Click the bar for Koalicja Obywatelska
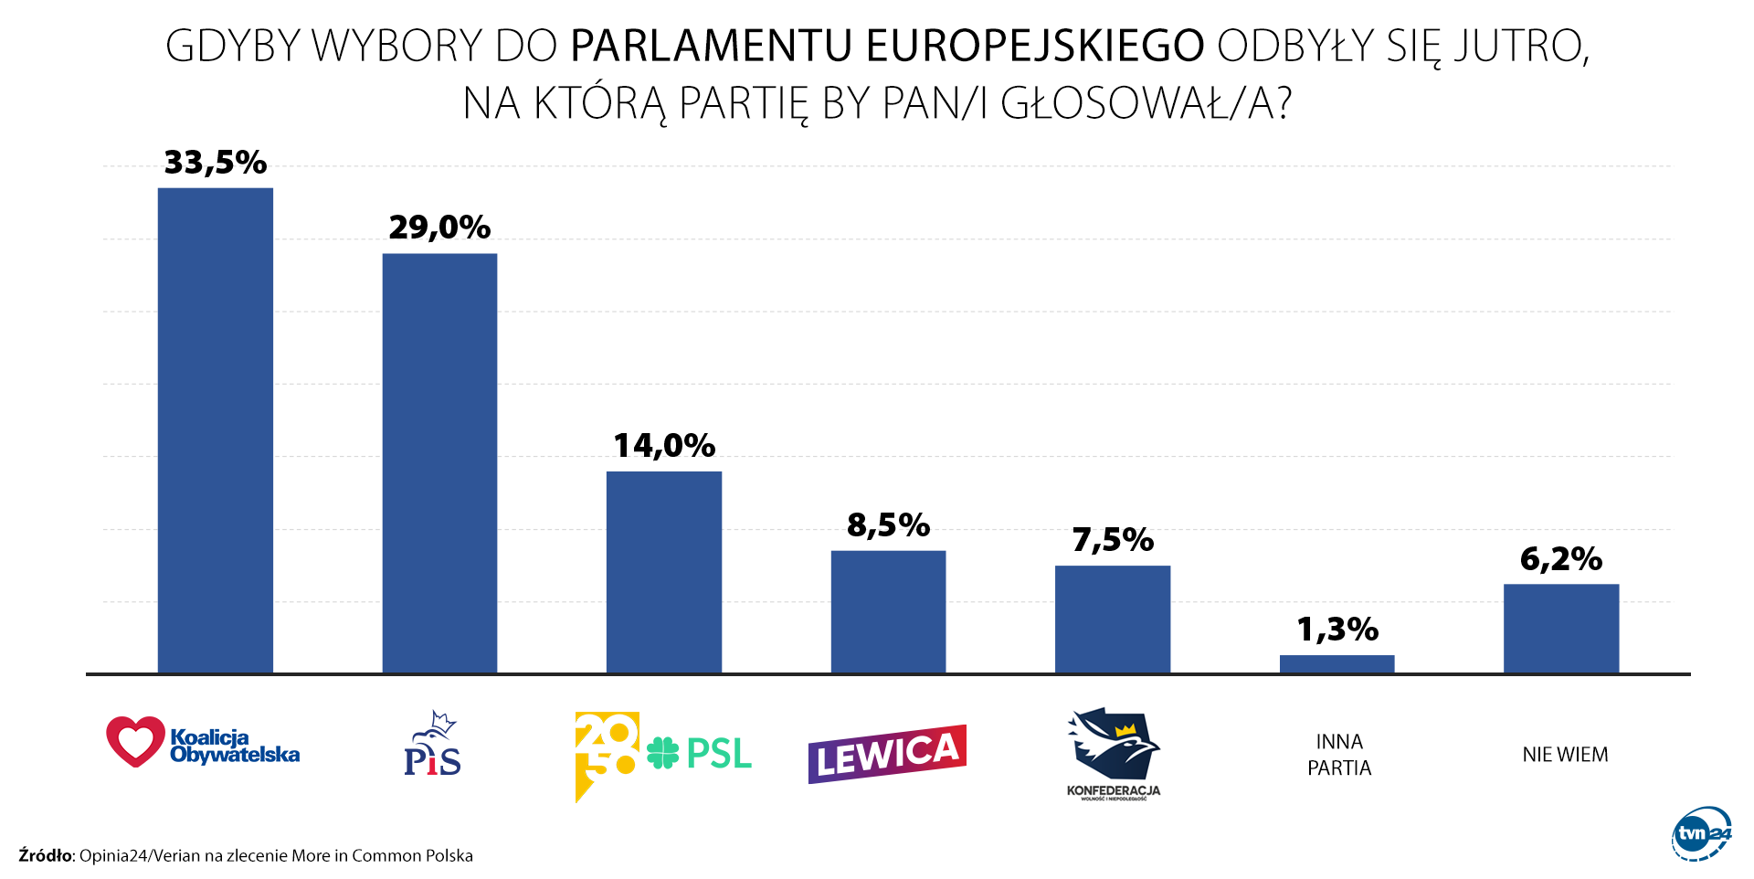(x=216, y=430)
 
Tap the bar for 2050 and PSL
(x=664, y=572)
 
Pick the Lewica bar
(x=888, y=611)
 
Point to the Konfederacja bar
(x=1113, y=619)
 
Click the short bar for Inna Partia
(x=1337, y=664)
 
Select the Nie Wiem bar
(x=1561, y=629)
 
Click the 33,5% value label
(x=216, y=163)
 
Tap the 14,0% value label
(x=664, y=446)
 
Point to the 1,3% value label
(x=1337, y=630)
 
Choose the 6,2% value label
(x=1561, y=559)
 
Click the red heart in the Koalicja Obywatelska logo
(x=135, y=741)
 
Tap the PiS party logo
(x=432, y=744)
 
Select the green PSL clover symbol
(x=663, y=753)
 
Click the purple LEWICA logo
(x=887, y=754)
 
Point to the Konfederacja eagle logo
(x=1114, y=746)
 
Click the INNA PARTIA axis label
(x=1339, y=755)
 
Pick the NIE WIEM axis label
(x=1565, y=755)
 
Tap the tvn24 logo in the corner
(x=1701, y=832)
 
